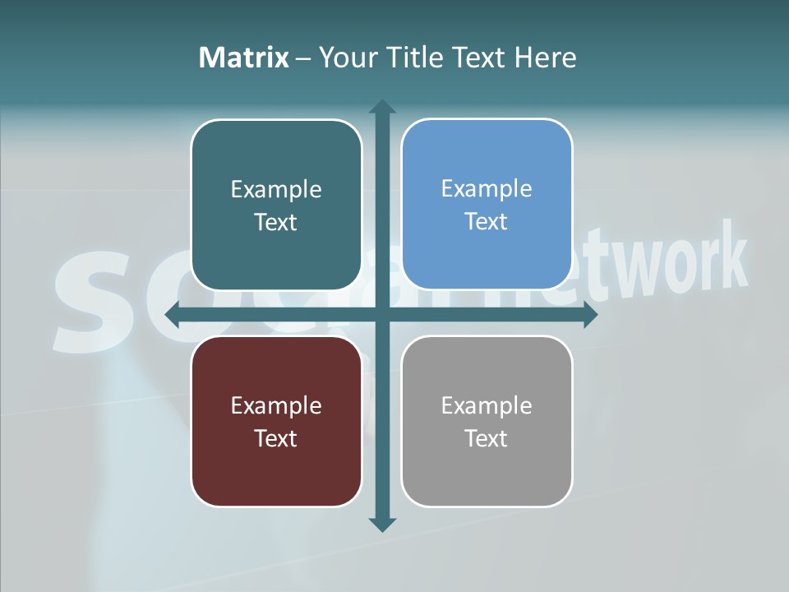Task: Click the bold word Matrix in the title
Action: (244, 58)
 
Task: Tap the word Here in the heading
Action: (545, 58)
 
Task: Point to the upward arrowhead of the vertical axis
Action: (382, 106)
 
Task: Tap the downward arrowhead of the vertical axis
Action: (382, 524)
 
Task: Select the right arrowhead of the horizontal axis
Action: (590, 314)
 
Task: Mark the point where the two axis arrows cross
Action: (382, 314)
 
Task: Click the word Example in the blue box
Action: (487, 188)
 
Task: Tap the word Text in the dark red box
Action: (275, 438)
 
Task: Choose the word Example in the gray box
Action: (487, 405)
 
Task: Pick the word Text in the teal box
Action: (275, 222)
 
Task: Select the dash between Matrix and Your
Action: (303, 58)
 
